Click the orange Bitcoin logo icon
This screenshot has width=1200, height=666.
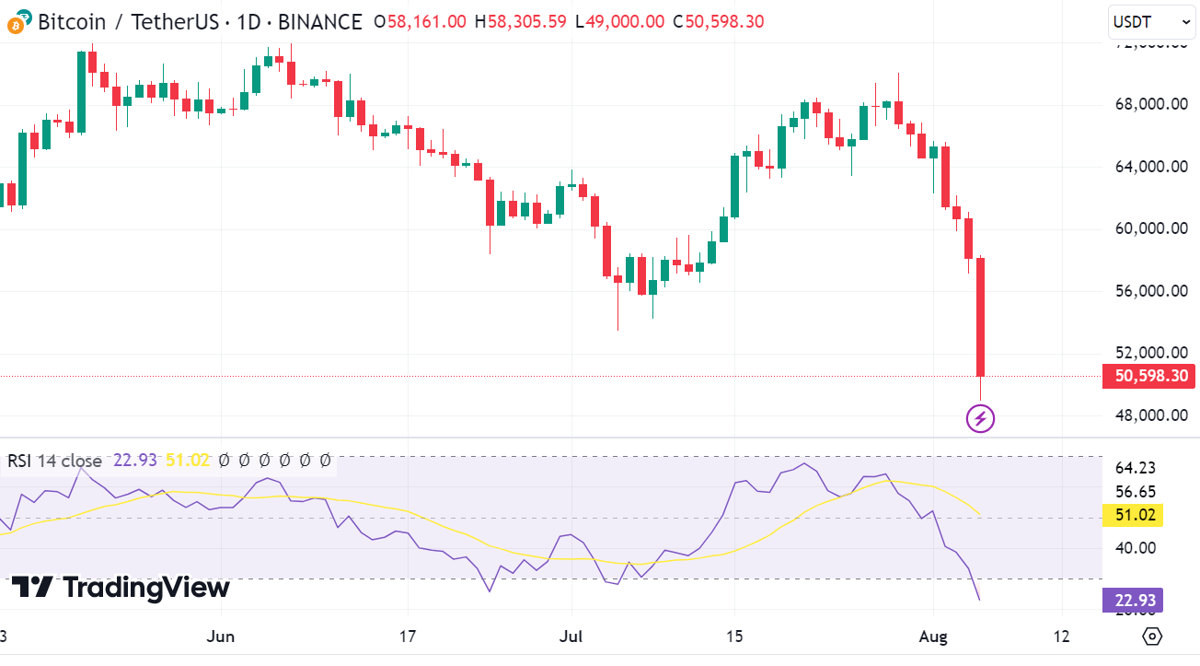pos(16,22)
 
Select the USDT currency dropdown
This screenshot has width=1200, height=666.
pos(1151,21)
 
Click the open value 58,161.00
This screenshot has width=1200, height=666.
pos(426,21)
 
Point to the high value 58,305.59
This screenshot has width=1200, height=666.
pos(525,21)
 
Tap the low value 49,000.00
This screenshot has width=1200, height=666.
pos(624,21)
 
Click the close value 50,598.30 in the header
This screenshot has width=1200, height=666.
pos(724,21)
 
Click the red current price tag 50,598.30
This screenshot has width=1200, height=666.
pos(1150,376)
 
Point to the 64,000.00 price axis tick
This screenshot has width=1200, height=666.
pos(1150,167)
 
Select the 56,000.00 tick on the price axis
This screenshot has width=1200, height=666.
pos(1150,291)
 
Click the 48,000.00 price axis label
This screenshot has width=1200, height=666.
pos(1150,415)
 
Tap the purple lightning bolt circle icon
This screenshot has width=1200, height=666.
pos(980,420)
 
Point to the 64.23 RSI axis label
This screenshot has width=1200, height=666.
pos(1135,468)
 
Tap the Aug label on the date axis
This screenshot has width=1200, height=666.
pos(934,637)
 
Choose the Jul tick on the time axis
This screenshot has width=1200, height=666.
pos(571,637)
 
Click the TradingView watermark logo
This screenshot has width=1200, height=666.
pos(121,588)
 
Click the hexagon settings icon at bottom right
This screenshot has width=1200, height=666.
pos(1152,637)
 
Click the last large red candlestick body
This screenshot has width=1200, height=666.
pos(981,317)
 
